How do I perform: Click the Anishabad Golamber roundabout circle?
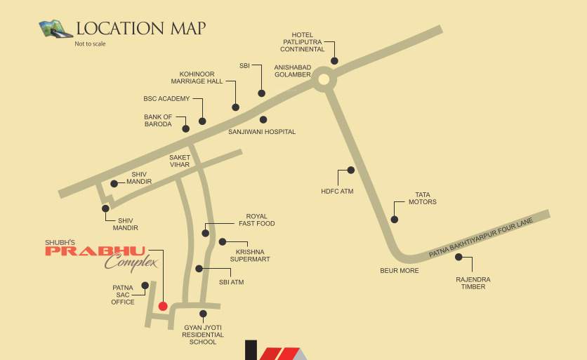pyautogui.click(x=323, y=79)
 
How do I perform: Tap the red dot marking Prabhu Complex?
pyautogui.click(x=163, y=306)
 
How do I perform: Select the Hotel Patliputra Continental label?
pyautogui.click(x=303, y=41)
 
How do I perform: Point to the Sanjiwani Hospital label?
pyautogui.click(x=262, y=132)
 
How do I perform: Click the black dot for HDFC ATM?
pyautogui.click(x=351, y=170)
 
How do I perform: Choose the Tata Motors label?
pyautogui.click(x=423, y=199)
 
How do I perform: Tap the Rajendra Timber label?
pyautogui.click(x=473, y=283)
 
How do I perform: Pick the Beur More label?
pyautogui.click(x=400, y=271)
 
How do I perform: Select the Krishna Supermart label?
pyautogui.click(x=250, y=255)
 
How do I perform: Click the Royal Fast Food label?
pyautogui.click(x=256, y=220)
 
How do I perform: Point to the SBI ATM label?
pyautogui.click(x=232, y=282)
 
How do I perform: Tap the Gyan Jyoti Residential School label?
pyautogui.click(x=203, y=335)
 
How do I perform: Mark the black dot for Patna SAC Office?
pyautogui.click(x=145, y=285)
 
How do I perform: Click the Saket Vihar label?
pyautogui.click(x=180, y=161)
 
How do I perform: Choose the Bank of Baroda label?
pyautogui.click(x=158, y=121)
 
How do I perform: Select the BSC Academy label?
pyautogui.click(x=166, y=99)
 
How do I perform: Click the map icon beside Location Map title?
pyautogui.click(x=56, y=29)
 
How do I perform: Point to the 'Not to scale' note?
pyautogui.click(x=90, y=44)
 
